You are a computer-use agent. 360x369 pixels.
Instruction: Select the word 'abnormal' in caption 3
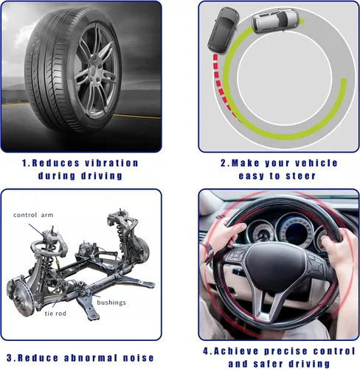click(91, 358)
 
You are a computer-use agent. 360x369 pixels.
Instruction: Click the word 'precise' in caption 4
click(285, 351)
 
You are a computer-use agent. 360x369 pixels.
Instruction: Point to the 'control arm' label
click(33, 215)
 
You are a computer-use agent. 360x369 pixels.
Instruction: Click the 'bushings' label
click(111, 303)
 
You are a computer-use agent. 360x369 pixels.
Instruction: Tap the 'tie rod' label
click(55, 314)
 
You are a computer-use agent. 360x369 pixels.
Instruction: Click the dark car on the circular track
click(223, 30)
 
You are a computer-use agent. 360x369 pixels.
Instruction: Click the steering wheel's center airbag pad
click(275, 264)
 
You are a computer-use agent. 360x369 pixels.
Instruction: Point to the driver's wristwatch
click(208, 250)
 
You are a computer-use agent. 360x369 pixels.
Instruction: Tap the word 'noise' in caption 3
click(139, 358)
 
